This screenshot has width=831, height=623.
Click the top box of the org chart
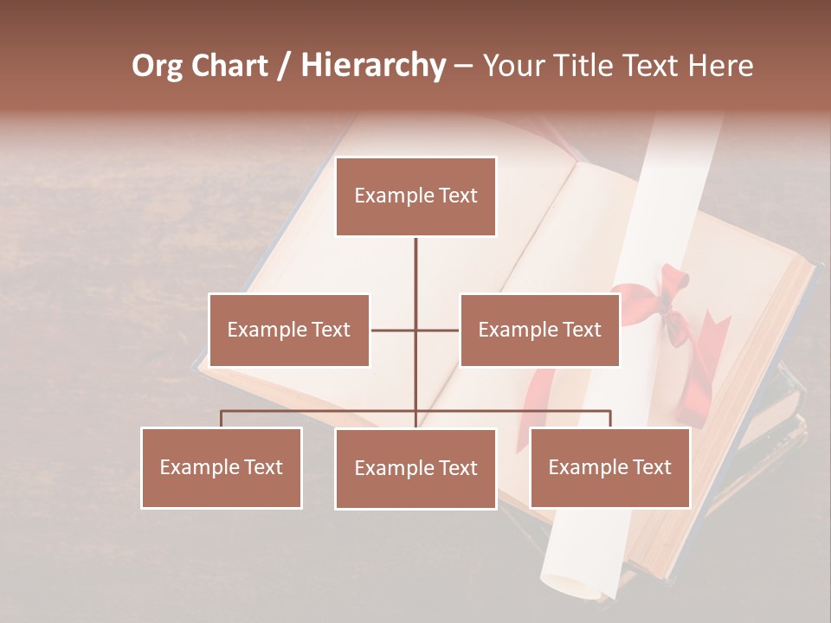[x=415, y=196]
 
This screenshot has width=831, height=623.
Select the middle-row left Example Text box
[x=289, y=330]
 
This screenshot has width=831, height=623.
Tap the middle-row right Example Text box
[x=539, y=330]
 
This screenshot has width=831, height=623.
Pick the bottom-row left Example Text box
[x=222, y=467]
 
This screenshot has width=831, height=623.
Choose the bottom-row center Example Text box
[x=415, y=469]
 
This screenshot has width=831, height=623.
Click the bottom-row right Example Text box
[x=609, y=467]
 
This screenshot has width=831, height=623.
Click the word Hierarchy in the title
[x=373, y=66]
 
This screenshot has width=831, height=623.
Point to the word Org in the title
[x=157, y=66]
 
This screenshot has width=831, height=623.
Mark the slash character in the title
[x=284, y=66]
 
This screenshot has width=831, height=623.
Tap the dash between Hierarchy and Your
[x=463, y=66]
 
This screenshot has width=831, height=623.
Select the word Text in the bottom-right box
[x=651, y=467]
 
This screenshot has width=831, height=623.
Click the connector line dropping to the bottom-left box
[x=222, y=419]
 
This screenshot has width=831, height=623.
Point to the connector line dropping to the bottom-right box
[x=609, y=419]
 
